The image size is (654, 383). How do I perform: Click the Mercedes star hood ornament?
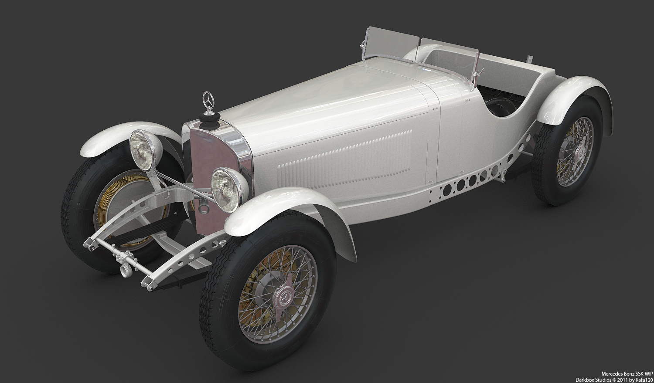click(x=208, y=101)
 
